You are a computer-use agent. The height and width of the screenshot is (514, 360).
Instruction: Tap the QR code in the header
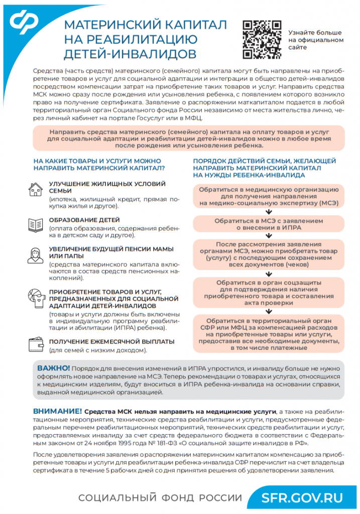point(262,39)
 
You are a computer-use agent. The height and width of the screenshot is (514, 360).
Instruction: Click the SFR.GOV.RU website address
point(302,497)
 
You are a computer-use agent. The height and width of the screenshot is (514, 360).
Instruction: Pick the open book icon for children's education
point(35,224)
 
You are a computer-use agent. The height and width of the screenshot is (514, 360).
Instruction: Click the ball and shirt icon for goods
point(35,297)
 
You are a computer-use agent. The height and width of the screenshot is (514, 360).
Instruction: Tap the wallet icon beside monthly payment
point(35,343)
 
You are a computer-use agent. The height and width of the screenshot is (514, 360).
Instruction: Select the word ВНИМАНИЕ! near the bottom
point(57,410)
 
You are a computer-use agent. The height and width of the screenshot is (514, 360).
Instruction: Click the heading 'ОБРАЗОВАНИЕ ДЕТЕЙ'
point(84,220)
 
